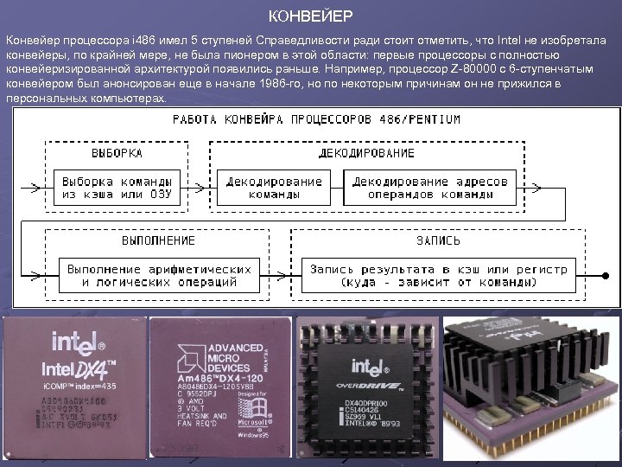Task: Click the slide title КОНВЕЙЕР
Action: (310, 16)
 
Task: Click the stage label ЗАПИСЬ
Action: (439, 240)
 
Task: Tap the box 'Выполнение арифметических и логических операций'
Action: (161, 275)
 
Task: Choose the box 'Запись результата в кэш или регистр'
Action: (439, 275)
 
